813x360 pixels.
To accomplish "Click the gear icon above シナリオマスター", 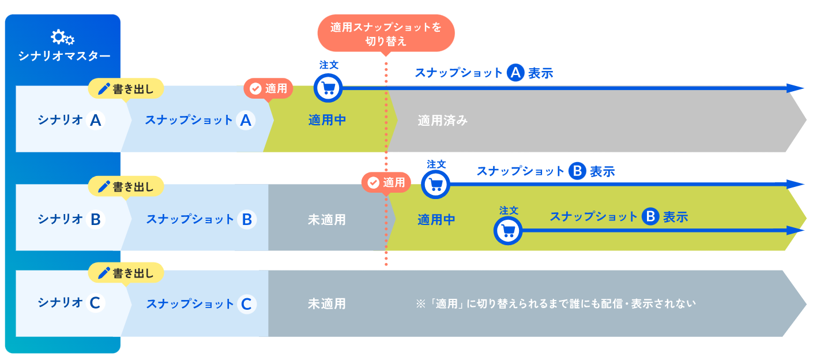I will tap(62, 37).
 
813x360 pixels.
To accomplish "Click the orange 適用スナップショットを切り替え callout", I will tap(386, 33).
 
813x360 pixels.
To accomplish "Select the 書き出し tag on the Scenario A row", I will tap(126, 89).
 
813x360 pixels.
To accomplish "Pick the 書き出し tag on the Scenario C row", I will tap(126, 272).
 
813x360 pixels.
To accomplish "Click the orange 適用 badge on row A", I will tap(269, 89).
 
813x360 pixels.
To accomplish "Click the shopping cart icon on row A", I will tap(328, 88).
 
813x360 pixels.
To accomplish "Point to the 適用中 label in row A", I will tap(327, 121).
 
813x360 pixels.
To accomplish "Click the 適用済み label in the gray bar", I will tap(443, 121).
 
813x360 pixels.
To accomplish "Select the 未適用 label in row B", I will tap(327, 220).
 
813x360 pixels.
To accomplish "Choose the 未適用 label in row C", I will tap(327, 303).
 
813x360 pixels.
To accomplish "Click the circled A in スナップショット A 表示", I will tap(515, 73).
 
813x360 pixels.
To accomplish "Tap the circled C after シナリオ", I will tap(96, 303).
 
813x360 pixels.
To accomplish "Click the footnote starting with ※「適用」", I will tap(556, 303).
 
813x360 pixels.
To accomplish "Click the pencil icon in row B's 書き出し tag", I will tap(104, 186).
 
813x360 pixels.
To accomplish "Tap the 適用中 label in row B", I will tap(436, 220).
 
